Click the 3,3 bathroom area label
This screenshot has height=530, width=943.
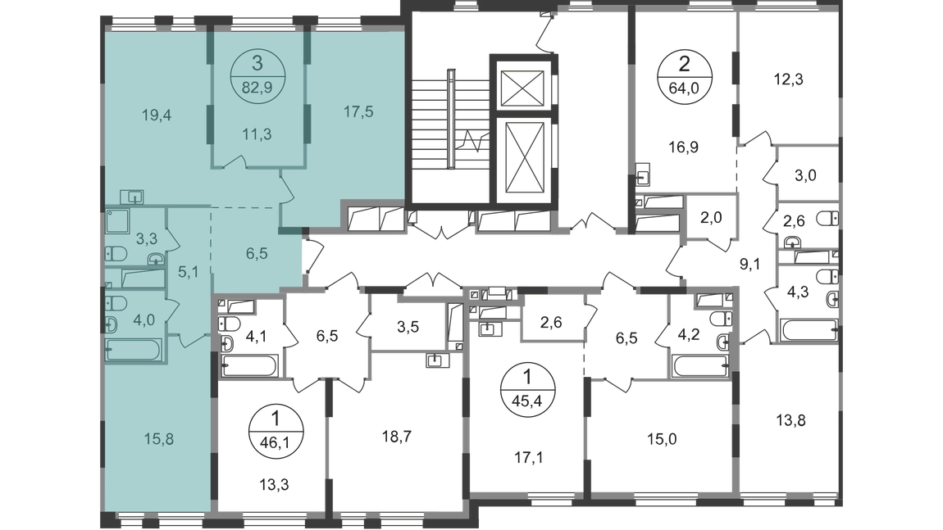146,239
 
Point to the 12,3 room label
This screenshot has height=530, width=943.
791,81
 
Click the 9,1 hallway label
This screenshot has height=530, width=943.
749,264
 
